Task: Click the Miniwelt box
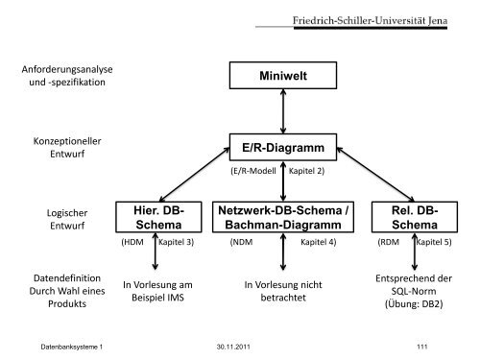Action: tap(281, 75)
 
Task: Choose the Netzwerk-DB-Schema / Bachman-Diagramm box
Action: tap(281, 216)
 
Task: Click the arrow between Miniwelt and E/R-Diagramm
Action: tap(281, 111)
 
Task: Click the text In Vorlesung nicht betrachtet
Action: tap(281, 290)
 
